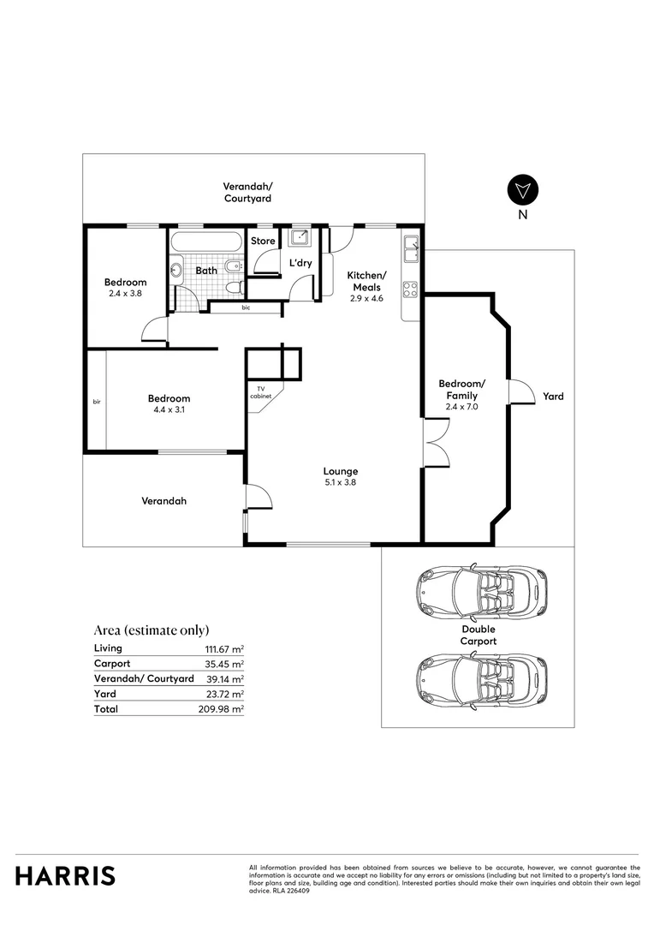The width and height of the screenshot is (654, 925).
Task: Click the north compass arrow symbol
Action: pos(522,191)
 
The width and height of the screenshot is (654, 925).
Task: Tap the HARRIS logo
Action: pos(65,875)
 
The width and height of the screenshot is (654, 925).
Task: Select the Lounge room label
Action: pos(340,471)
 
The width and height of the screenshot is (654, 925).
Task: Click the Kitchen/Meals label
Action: pos(366,281)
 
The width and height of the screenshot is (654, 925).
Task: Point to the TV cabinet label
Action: pos(261,392)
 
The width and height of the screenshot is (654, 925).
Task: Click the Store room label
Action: pos(263,241)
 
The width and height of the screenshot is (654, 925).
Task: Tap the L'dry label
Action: pos(300,263)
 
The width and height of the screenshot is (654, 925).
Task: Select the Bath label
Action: pos(206,271)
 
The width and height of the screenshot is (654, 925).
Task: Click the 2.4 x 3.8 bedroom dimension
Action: pos(125,294)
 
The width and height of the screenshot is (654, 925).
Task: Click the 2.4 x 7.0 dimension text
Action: pos(461,407)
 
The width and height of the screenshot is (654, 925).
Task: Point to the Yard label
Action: pos(553,397)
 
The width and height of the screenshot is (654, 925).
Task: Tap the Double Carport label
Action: pos(479,635)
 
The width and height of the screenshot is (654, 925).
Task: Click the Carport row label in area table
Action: pos(112,664)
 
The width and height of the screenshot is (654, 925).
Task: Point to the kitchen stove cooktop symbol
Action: pos(411,288)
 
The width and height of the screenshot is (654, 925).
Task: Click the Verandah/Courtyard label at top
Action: pos(247,192)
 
